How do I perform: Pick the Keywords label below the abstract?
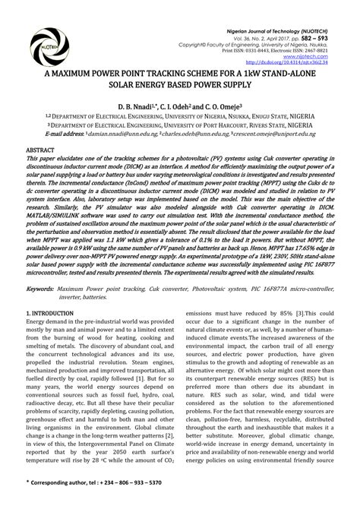tap(43, 289)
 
